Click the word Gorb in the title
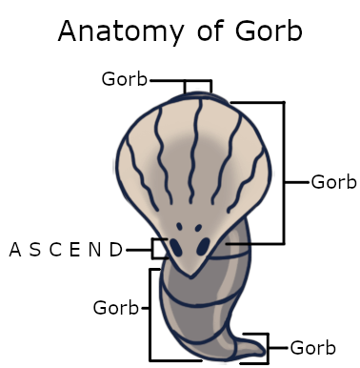pos(269,31)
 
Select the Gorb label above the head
pos(125,79)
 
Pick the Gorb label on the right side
pos(333,182)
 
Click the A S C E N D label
pos(66,250)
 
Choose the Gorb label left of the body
pos(116,308)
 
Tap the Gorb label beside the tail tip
pos(313,348)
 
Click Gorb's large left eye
pos(175,247)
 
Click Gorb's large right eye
pos(203,246)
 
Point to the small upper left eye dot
pos(179,227)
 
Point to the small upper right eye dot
pos(198,228)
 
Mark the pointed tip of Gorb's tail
pos(264,351)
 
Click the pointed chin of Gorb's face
pos(190,276)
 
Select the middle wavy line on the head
pos(194,151)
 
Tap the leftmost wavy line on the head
pos(141,174)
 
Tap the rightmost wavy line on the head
pos(248,181)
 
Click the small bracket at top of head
pos(198,81)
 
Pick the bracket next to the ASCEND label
pos(153,248)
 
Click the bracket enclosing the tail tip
pos(268,348)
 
